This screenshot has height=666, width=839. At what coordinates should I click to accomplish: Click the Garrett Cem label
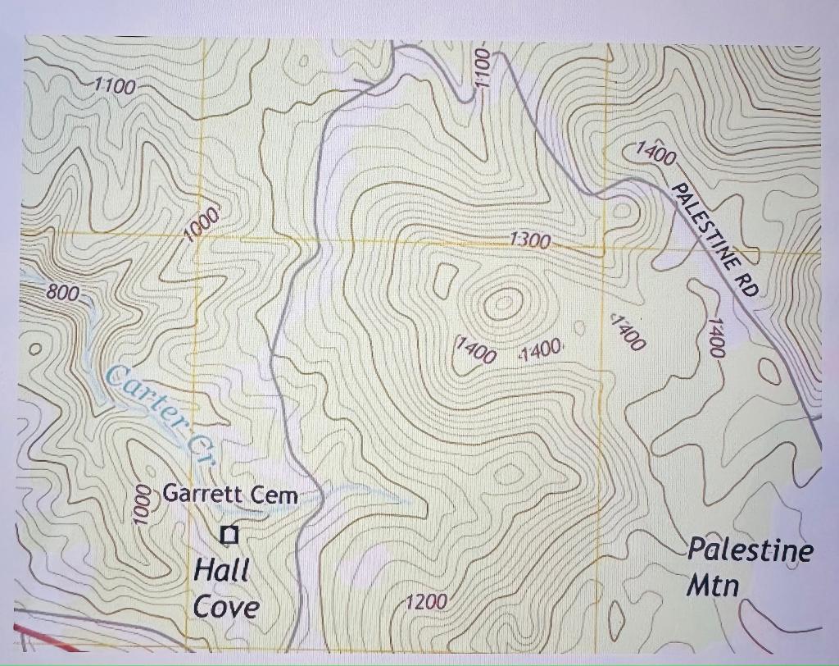pyautogui.click(x=230, y=494)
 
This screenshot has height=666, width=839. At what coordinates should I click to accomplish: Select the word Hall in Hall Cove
pyautogui.click(x=221, y=569)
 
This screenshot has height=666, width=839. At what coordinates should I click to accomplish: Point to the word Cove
pyautogui.click(x=226, y=607)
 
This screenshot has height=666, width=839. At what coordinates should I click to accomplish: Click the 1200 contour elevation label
pyautogui.click(x=426, y=602)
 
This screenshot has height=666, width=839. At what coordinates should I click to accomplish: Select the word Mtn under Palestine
pyautogui.click(x=712, y=586)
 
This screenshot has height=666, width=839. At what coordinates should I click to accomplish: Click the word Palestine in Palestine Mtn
pyautogui.click(x=750, y=549)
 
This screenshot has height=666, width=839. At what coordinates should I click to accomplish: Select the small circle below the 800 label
pyautogui.click(x=34, y=349)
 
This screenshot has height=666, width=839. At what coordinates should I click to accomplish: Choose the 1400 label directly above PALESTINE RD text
pyautogui.click(x=656, y=153)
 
